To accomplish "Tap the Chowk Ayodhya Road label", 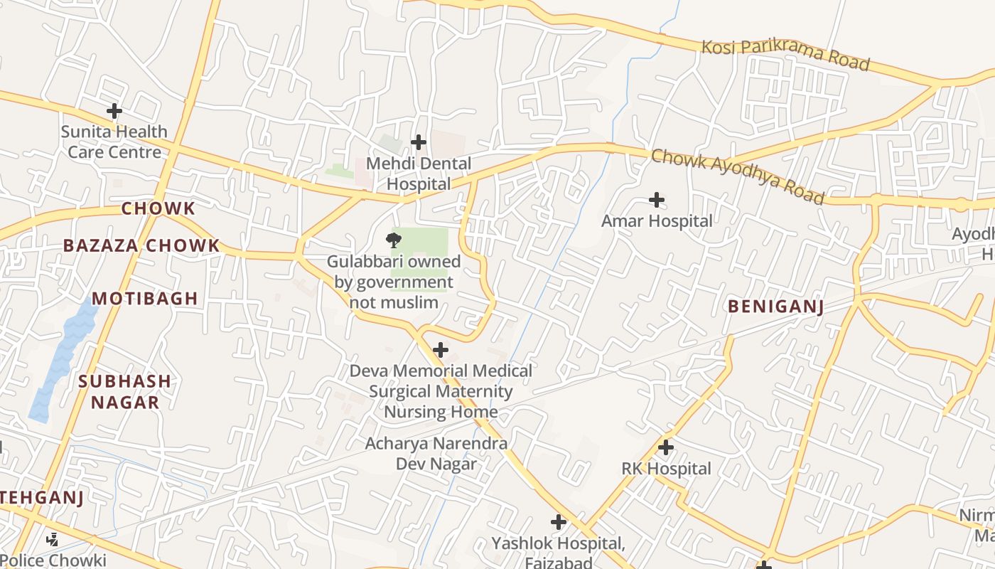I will tap(738, 176).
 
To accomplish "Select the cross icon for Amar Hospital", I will tap(657, 200).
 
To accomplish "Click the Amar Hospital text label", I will tap(657, 221).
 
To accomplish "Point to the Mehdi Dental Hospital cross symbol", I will tap(419, 142).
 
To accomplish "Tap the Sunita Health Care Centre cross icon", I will tap(114, 111).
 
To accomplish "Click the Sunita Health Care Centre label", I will tap(114, 142).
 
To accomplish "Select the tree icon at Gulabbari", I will tap(393, 240).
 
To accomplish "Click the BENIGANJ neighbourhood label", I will tap(775, 307).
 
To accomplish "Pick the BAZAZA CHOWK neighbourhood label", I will tap(141, 246).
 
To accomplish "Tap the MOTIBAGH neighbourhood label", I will tap(145, 299).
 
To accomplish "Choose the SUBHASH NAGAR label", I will tap(125, 391).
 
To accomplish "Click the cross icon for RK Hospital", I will tap(666, 447).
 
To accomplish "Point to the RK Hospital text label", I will tap(666, 469).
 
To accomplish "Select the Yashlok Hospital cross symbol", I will tap(559, 523).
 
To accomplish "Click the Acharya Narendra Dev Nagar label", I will tap(436, 454).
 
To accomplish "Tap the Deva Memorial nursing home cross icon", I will tap(441, 350).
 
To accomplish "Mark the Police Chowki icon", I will tap(52, 540).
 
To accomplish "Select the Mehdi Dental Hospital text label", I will tap(419, 174).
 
